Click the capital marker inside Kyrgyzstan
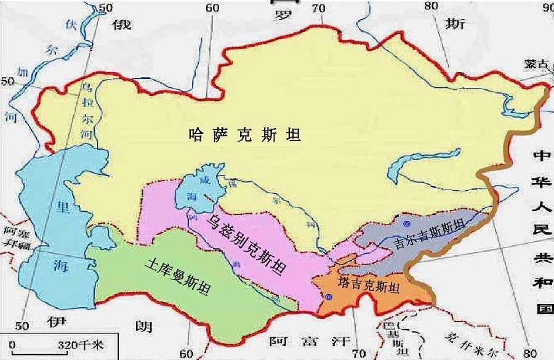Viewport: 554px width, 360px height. [407, 224]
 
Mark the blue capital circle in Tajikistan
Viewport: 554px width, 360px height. [329, 297]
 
